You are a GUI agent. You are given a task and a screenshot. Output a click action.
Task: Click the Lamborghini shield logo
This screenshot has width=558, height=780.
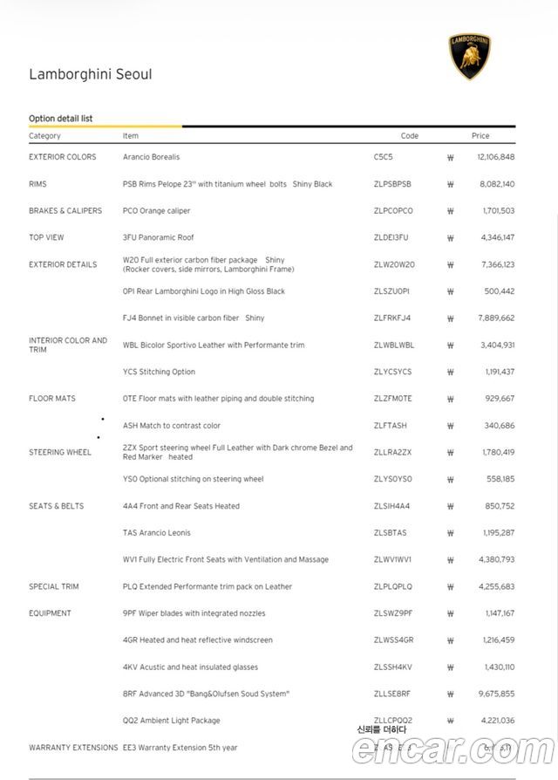click(x=470, y=57)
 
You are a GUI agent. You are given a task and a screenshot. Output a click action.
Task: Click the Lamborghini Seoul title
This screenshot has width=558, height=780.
click(x=91, y=75)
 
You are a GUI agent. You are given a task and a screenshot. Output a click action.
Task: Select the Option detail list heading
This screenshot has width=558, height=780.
click(x=61, y=119)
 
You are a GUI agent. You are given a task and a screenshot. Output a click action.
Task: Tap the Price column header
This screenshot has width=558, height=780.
click(x=480, y=136)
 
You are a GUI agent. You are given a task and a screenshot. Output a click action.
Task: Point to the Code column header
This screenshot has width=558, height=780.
click(x=409, y=136)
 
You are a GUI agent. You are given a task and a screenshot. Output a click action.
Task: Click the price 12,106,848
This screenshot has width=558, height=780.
click(x=496, y=157)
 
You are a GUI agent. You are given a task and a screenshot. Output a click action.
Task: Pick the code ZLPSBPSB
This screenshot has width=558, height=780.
click(x=392, y=184)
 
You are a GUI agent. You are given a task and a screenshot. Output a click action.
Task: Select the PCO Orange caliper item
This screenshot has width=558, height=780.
click(x=157, y=211)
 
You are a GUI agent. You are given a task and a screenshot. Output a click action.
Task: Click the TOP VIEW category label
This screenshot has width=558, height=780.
click(x=47, y=237)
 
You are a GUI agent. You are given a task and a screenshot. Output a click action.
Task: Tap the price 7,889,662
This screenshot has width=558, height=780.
click(x=496, y=318)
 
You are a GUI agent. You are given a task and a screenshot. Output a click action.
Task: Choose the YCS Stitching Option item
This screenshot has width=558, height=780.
click(x=160, y=372)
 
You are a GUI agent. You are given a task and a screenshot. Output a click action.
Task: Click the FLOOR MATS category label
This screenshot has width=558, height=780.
click(x=52, y=399)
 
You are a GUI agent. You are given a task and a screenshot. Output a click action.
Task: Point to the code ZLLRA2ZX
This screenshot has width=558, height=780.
click(x=392, y=453)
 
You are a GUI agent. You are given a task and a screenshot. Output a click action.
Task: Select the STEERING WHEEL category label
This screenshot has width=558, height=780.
click(x=60, y=453)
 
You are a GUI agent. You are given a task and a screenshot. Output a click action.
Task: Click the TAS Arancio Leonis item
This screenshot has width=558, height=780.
click(x=157, y=533)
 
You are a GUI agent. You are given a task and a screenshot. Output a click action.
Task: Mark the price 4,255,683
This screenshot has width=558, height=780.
click(x=496, y=587)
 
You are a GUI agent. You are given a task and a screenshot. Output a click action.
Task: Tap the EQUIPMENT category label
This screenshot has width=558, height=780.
click(x=51, y=613)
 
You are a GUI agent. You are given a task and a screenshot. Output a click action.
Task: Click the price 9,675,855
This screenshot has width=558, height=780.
click(x=496, y=694)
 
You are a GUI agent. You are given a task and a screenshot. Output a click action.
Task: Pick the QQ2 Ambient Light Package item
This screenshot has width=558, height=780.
click(x=172, y=721)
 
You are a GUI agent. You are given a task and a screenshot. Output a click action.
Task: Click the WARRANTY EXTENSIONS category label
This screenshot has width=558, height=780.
click(x=73, y=748)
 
